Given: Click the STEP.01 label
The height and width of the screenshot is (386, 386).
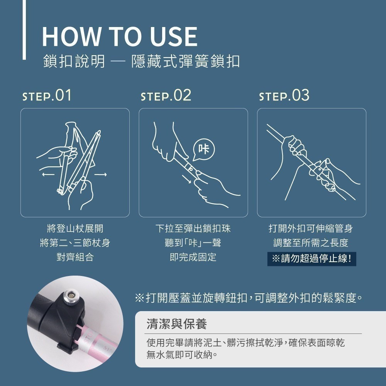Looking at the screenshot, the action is click(x=47, y=95).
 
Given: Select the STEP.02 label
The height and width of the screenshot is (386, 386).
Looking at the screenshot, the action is click(x=166, y=95).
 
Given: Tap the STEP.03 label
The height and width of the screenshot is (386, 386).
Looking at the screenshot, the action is click(x=284, y=95).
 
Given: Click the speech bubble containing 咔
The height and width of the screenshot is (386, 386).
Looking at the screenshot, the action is click(x=204, y=149).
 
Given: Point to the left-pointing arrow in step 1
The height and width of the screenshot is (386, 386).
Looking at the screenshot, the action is click(x=48, y=174).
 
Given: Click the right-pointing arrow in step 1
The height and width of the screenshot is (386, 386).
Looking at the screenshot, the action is click(x=100, y=174).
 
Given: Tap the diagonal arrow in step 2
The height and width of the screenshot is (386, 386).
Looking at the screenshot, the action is click(x=186, y=179).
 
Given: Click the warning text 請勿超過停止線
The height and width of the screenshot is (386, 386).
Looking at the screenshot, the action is click(x=312, y=259).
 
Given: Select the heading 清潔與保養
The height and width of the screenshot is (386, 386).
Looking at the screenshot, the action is click(x=177, y=324).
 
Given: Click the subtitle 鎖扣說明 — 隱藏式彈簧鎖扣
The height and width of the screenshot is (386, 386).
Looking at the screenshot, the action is click(x=141, y=61).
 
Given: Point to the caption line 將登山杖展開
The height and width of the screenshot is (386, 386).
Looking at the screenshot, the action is click(x=75, y=229).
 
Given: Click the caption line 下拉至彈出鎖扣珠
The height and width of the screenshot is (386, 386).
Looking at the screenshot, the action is click(x=193, y=229).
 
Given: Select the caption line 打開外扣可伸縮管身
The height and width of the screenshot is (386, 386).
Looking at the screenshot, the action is click(x=311, y=229).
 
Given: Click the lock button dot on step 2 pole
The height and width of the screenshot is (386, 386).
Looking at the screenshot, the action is click(x=190, y=169).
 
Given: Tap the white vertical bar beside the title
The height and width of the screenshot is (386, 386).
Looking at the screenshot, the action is click(x=24, y=30).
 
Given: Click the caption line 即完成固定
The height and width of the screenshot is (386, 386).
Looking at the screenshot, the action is click(x=193, y=257).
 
